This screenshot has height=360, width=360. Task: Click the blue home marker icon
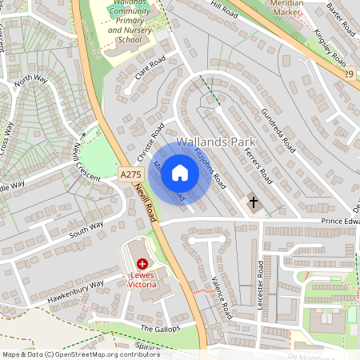180,173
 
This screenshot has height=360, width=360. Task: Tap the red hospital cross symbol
142,263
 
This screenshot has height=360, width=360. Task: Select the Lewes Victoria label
142,279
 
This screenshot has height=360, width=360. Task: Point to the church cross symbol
254,202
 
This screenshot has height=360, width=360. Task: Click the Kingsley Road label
328,49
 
